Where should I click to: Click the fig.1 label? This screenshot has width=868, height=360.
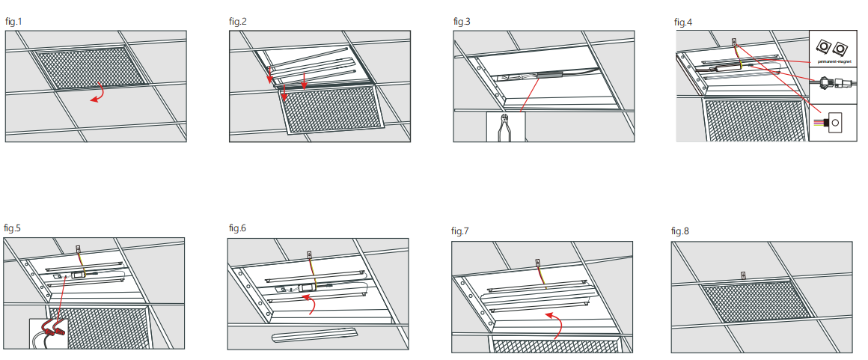[14, 21]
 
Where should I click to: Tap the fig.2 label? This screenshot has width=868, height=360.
[238, 21]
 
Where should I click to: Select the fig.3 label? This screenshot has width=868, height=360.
[462, 21]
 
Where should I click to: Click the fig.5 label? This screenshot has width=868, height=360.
[13, 228]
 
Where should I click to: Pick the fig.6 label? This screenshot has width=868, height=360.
[237, 228]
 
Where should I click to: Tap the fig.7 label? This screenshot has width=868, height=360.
[460, 231]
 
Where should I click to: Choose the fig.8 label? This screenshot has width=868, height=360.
[680, 231]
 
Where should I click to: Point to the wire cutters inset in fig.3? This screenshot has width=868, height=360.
[505, 127]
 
